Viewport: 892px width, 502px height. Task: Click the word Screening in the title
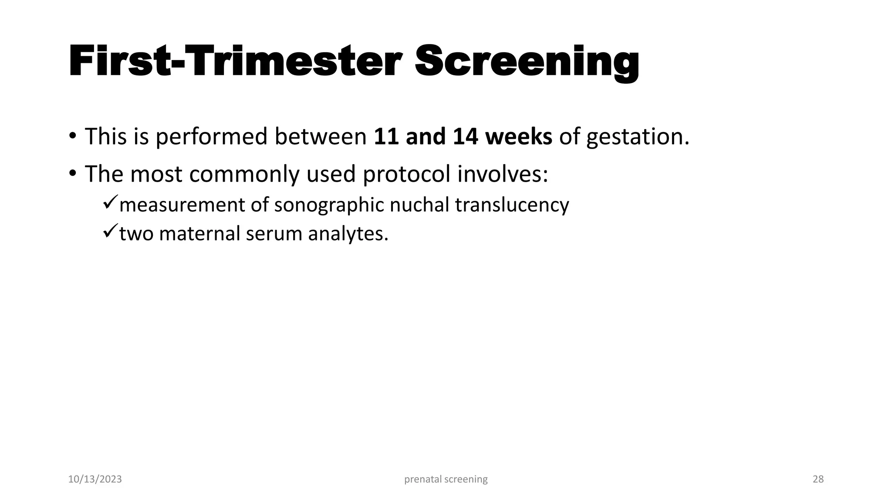527,62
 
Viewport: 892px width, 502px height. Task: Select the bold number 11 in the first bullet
385,136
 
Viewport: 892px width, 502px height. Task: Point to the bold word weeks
519,136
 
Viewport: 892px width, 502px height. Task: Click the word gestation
638,137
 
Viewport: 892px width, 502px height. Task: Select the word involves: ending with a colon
503,174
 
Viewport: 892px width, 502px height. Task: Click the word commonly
244,174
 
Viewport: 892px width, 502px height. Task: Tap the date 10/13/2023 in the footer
95,479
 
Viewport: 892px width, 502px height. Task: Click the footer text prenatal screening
446,479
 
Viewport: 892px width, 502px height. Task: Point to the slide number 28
818,479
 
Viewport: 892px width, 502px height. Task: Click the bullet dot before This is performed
72,136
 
